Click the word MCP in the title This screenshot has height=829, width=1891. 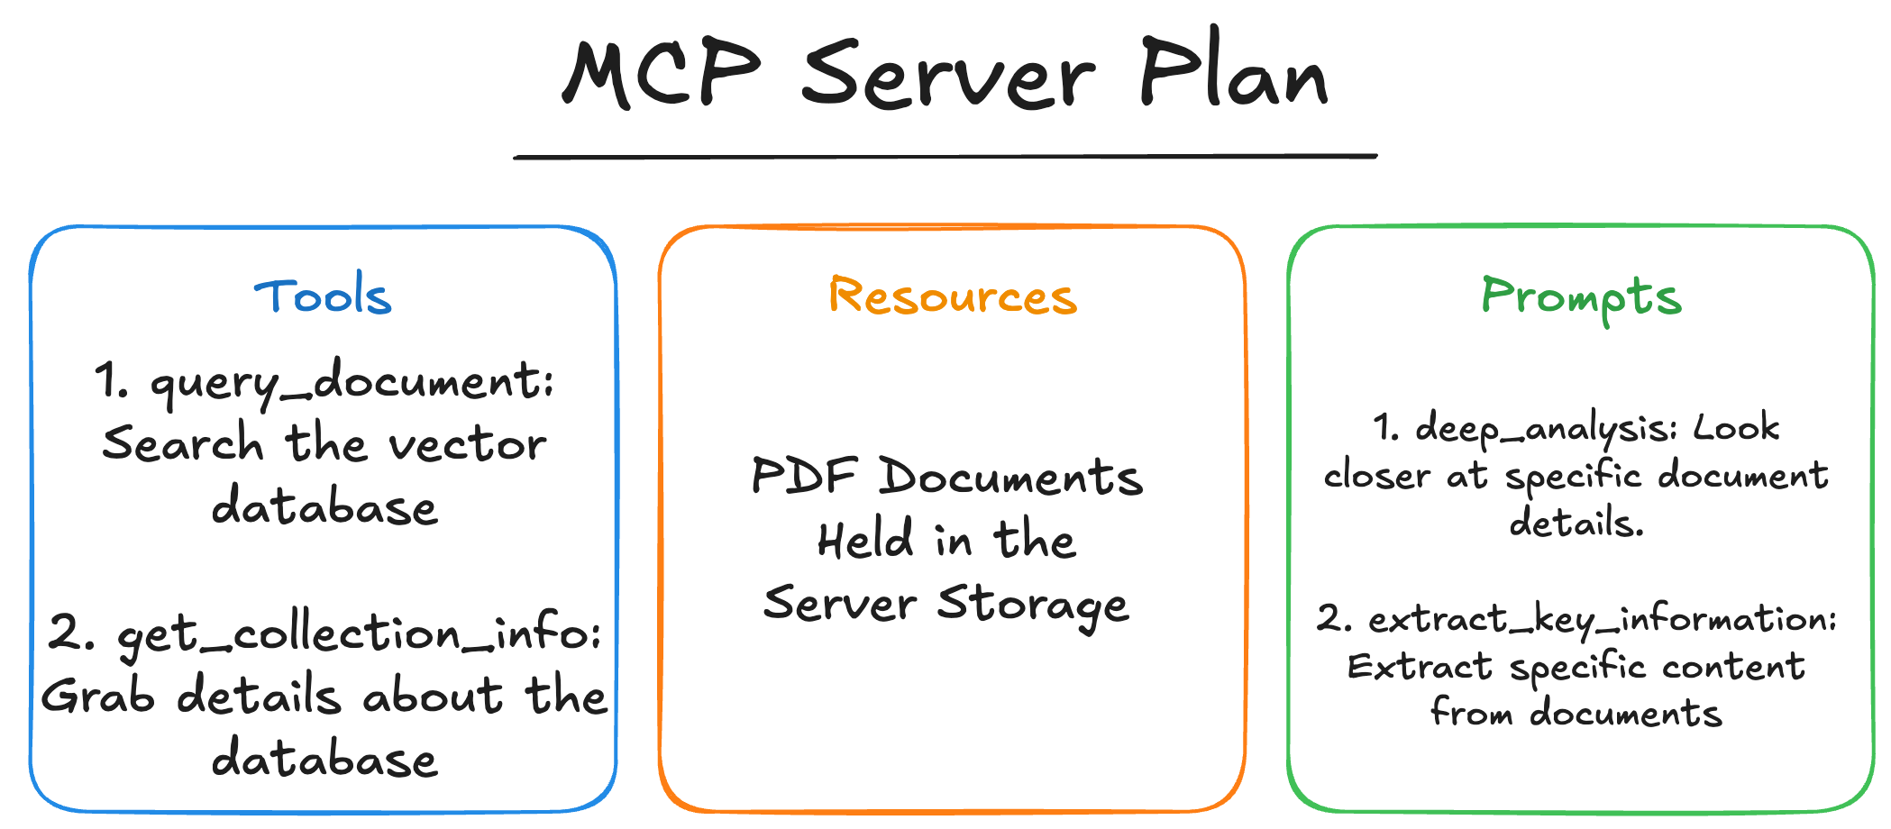pos(662,74)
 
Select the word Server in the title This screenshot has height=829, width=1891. pos(948,76)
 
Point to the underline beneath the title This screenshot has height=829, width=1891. pos(945,157)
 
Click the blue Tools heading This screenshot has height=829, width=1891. pos(323,296)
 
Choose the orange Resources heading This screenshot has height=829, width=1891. pos(953,296)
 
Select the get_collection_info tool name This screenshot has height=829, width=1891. pos(359,634)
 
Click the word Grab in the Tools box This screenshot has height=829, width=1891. pos(97,697)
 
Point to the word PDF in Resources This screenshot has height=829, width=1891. pos(803,476)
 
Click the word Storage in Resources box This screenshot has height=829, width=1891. pos(1032,604)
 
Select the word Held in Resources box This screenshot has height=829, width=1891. pos(865,540)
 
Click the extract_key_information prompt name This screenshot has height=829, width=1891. pos(1602,620)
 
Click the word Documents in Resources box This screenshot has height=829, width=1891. pos(1010,476)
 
